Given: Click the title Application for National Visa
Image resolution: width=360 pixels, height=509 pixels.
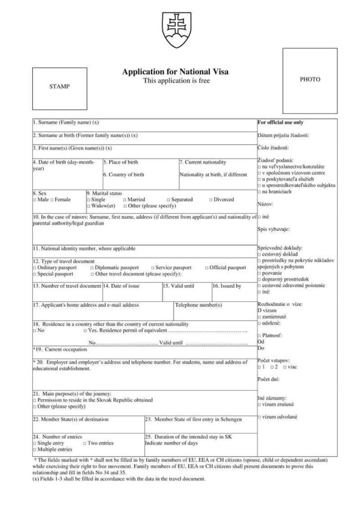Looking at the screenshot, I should tap(176, 72).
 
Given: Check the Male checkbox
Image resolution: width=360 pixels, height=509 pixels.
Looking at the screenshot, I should tap(34, 200).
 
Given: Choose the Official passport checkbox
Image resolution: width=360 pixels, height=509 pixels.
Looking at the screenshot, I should tap(206, 268).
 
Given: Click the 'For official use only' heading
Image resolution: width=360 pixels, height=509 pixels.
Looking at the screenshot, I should tap(280, 122).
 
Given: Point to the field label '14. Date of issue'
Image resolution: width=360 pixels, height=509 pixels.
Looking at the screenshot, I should tap(122, 286).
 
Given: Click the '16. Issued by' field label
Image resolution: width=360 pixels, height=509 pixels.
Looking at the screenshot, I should tap(227, 286).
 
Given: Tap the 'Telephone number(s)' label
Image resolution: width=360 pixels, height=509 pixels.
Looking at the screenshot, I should tap(198, 305).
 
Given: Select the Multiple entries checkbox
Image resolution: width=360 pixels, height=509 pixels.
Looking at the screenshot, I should tap(34, 449).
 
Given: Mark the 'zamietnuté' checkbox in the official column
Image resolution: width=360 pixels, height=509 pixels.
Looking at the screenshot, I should tap(259, 316).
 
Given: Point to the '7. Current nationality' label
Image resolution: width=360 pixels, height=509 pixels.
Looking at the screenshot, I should tap(203, 162).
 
